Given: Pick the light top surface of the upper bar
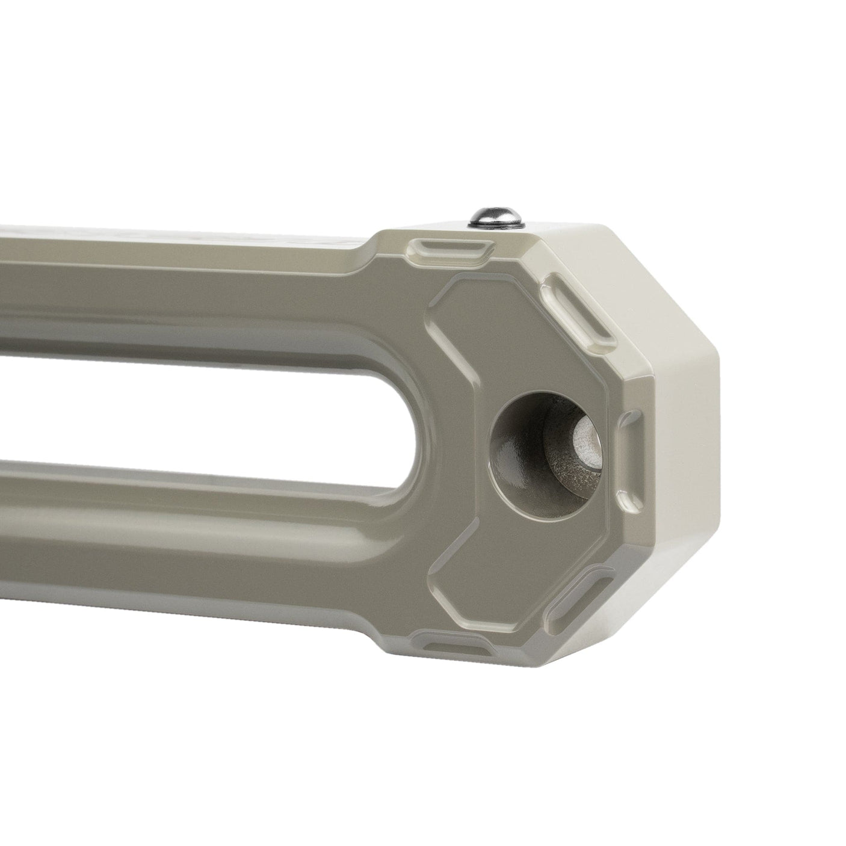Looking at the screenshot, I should pyautogui.click(x=181, y=232).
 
